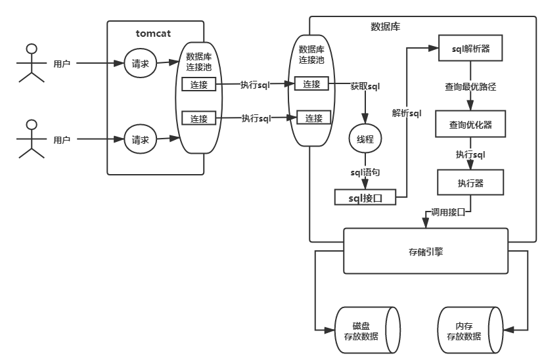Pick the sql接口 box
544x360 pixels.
point(365,197)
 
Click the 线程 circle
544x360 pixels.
point(365,140)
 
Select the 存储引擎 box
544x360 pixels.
point(426,250)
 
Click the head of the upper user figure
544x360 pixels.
point(30,47)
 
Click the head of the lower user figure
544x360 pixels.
point(30,124)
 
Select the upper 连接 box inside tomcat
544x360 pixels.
point(199,85)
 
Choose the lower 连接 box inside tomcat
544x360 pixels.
point(199,119)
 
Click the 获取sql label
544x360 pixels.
point(365,85)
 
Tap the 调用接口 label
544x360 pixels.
point(448,212)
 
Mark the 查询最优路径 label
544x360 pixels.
point(470,86)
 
